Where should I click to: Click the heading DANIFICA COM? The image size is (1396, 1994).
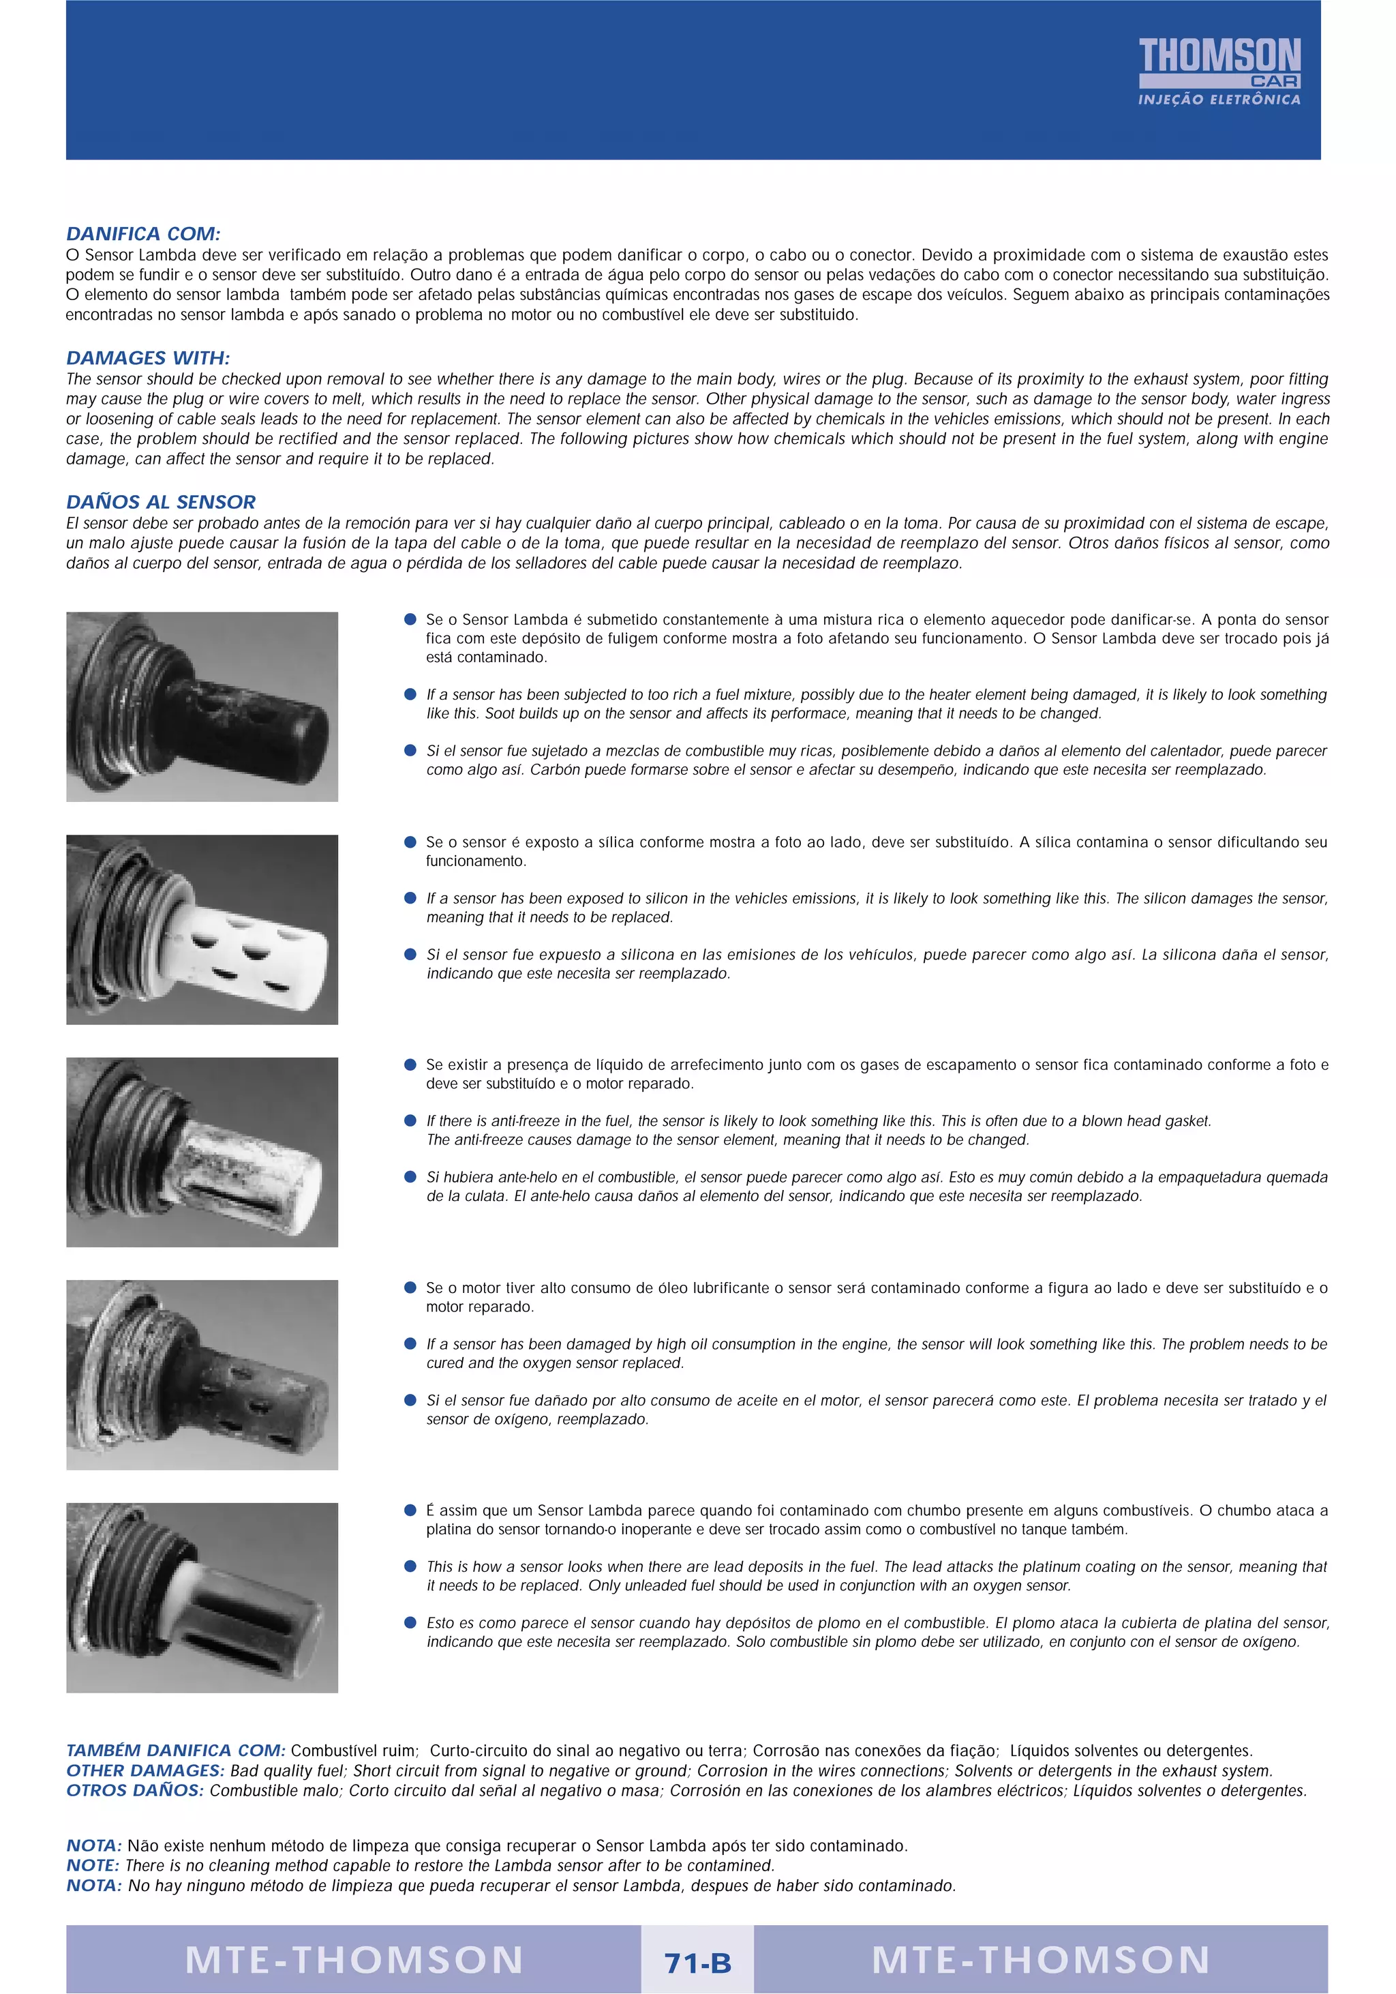pos(143,234)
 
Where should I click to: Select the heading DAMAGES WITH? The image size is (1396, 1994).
pos(148,358)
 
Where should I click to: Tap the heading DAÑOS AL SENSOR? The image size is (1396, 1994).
pos(161,502)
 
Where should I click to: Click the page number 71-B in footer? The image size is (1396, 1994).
pos(697,1963)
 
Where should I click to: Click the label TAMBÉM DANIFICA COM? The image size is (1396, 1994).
pos(175,1750)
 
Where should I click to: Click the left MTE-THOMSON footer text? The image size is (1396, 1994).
pos(354,1960)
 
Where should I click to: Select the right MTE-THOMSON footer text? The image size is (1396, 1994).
pos(1040,1960)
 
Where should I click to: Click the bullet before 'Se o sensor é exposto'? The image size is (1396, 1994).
pos(410,842)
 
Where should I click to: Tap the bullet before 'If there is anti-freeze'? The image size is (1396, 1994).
pos(410,1120)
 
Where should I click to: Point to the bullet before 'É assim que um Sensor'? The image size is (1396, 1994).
pos(410,1511)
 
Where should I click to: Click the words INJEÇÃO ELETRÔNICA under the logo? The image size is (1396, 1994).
pos(1219,100)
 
